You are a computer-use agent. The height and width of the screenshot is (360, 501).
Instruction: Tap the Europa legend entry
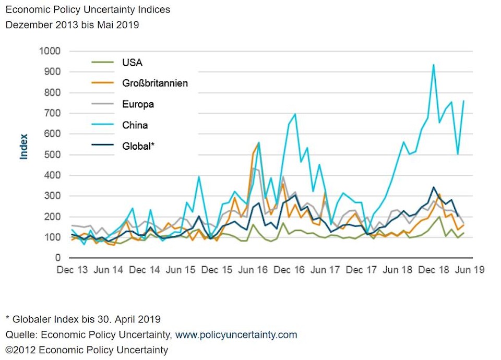point(138,104)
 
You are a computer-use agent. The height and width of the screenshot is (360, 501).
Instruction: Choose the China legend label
point(135,125)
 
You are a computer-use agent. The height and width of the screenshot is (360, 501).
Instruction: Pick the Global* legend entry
point(138,146)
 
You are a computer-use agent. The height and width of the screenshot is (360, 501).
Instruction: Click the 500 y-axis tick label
point(52,155)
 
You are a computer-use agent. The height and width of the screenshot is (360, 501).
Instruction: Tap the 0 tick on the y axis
point(58,258)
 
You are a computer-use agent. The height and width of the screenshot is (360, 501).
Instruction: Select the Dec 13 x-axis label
point(71,270)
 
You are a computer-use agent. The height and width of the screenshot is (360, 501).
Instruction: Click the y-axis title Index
point(23,147)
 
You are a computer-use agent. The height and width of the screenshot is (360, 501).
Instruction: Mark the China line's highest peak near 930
point(433,65)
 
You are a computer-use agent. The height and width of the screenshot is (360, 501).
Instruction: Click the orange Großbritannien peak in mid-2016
point(258,142)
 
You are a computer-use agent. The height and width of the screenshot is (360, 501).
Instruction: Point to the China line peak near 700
point(295,114)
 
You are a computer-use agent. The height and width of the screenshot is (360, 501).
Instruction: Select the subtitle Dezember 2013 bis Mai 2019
point(72,25)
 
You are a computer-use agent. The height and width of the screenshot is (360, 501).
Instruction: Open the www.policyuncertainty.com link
point(236,334)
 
